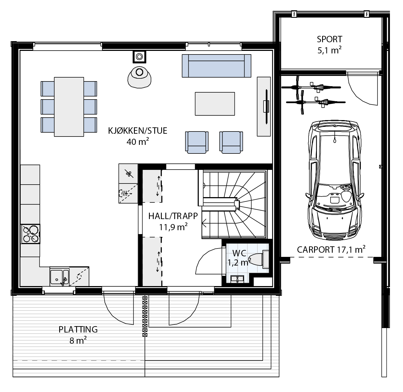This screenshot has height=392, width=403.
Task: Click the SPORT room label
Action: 329,39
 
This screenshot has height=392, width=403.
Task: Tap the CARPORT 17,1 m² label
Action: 331,249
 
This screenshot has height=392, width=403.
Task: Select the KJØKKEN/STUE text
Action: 138,131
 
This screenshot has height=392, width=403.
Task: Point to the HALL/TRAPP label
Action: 173,216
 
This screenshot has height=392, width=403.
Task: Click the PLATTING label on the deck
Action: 78,330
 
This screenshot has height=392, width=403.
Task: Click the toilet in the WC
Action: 260,259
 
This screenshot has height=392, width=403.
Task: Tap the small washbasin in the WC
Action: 237,279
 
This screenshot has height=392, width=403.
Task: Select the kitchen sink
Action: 59,277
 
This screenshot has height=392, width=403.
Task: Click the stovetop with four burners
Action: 31,234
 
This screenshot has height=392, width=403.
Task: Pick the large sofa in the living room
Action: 217,66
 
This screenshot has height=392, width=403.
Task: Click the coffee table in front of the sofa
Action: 215,104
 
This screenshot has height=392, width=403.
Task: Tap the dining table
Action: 69,107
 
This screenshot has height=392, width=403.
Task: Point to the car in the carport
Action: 335,180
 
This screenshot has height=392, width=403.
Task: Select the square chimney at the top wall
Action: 139,56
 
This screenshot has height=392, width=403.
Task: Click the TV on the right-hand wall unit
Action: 266,107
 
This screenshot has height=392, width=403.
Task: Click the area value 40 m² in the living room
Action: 138,142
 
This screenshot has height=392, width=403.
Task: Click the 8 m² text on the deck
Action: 78,341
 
